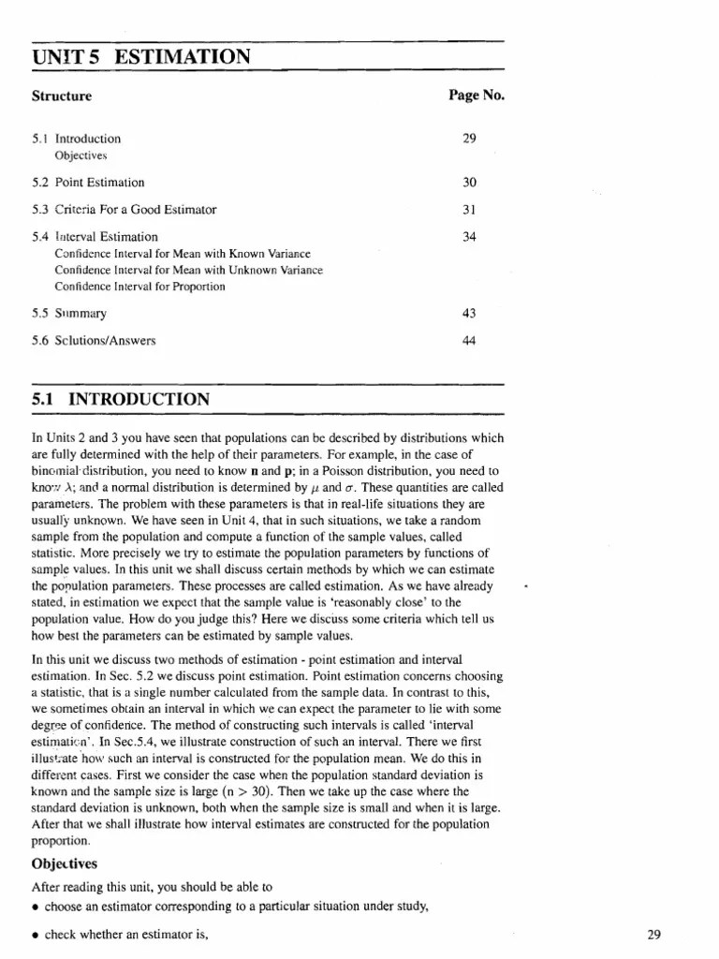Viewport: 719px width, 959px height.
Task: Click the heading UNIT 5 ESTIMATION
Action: (x=141, y=57)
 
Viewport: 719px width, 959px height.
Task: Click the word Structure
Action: (x=62, y=96)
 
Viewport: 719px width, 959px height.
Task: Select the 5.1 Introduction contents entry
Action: (x=76, y=139)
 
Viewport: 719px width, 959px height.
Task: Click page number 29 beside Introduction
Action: (x=469, y=139)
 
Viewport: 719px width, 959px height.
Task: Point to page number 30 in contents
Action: (x=469, y=183)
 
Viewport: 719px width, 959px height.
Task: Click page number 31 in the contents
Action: (x=469, y=210)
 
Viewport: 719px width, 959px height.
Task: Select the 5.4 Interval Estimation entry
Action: (x=95, y=237)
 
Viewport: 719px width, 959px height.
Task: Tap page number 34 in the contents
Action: (x=469, y=237)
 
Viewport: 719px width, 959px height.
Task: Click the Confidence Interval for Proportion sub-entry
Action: (x=140, y=287)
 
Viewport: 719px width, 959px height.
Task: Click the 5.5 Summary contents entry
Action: (x=69, y=314)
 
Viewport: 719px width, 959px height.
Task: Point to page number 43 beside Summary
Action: (x=469, y=314)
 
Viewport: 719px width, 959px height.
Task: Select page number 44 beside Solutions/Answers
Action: (x=469, y=341)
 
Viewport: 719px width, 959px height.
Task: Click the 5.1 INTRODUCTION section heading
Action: (x=121, y=399)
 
